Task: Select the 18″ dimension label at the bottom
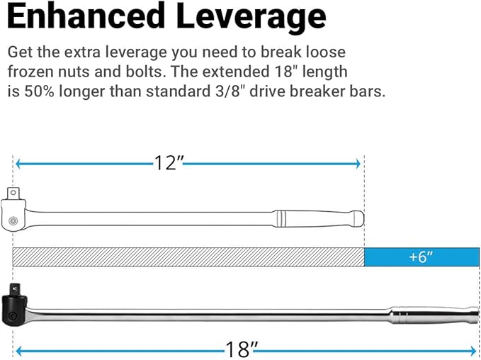[239, 349]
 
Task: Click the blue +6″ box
[421, 257]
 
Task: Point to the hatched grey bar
[188, 257]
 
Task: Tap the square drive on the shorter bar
[12, 193]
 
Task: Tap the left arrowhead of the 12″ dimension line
[18, 164]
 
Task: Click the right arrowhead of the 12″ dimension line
[358, 164]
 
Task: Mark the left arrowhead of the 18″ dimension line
[18, 349]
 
